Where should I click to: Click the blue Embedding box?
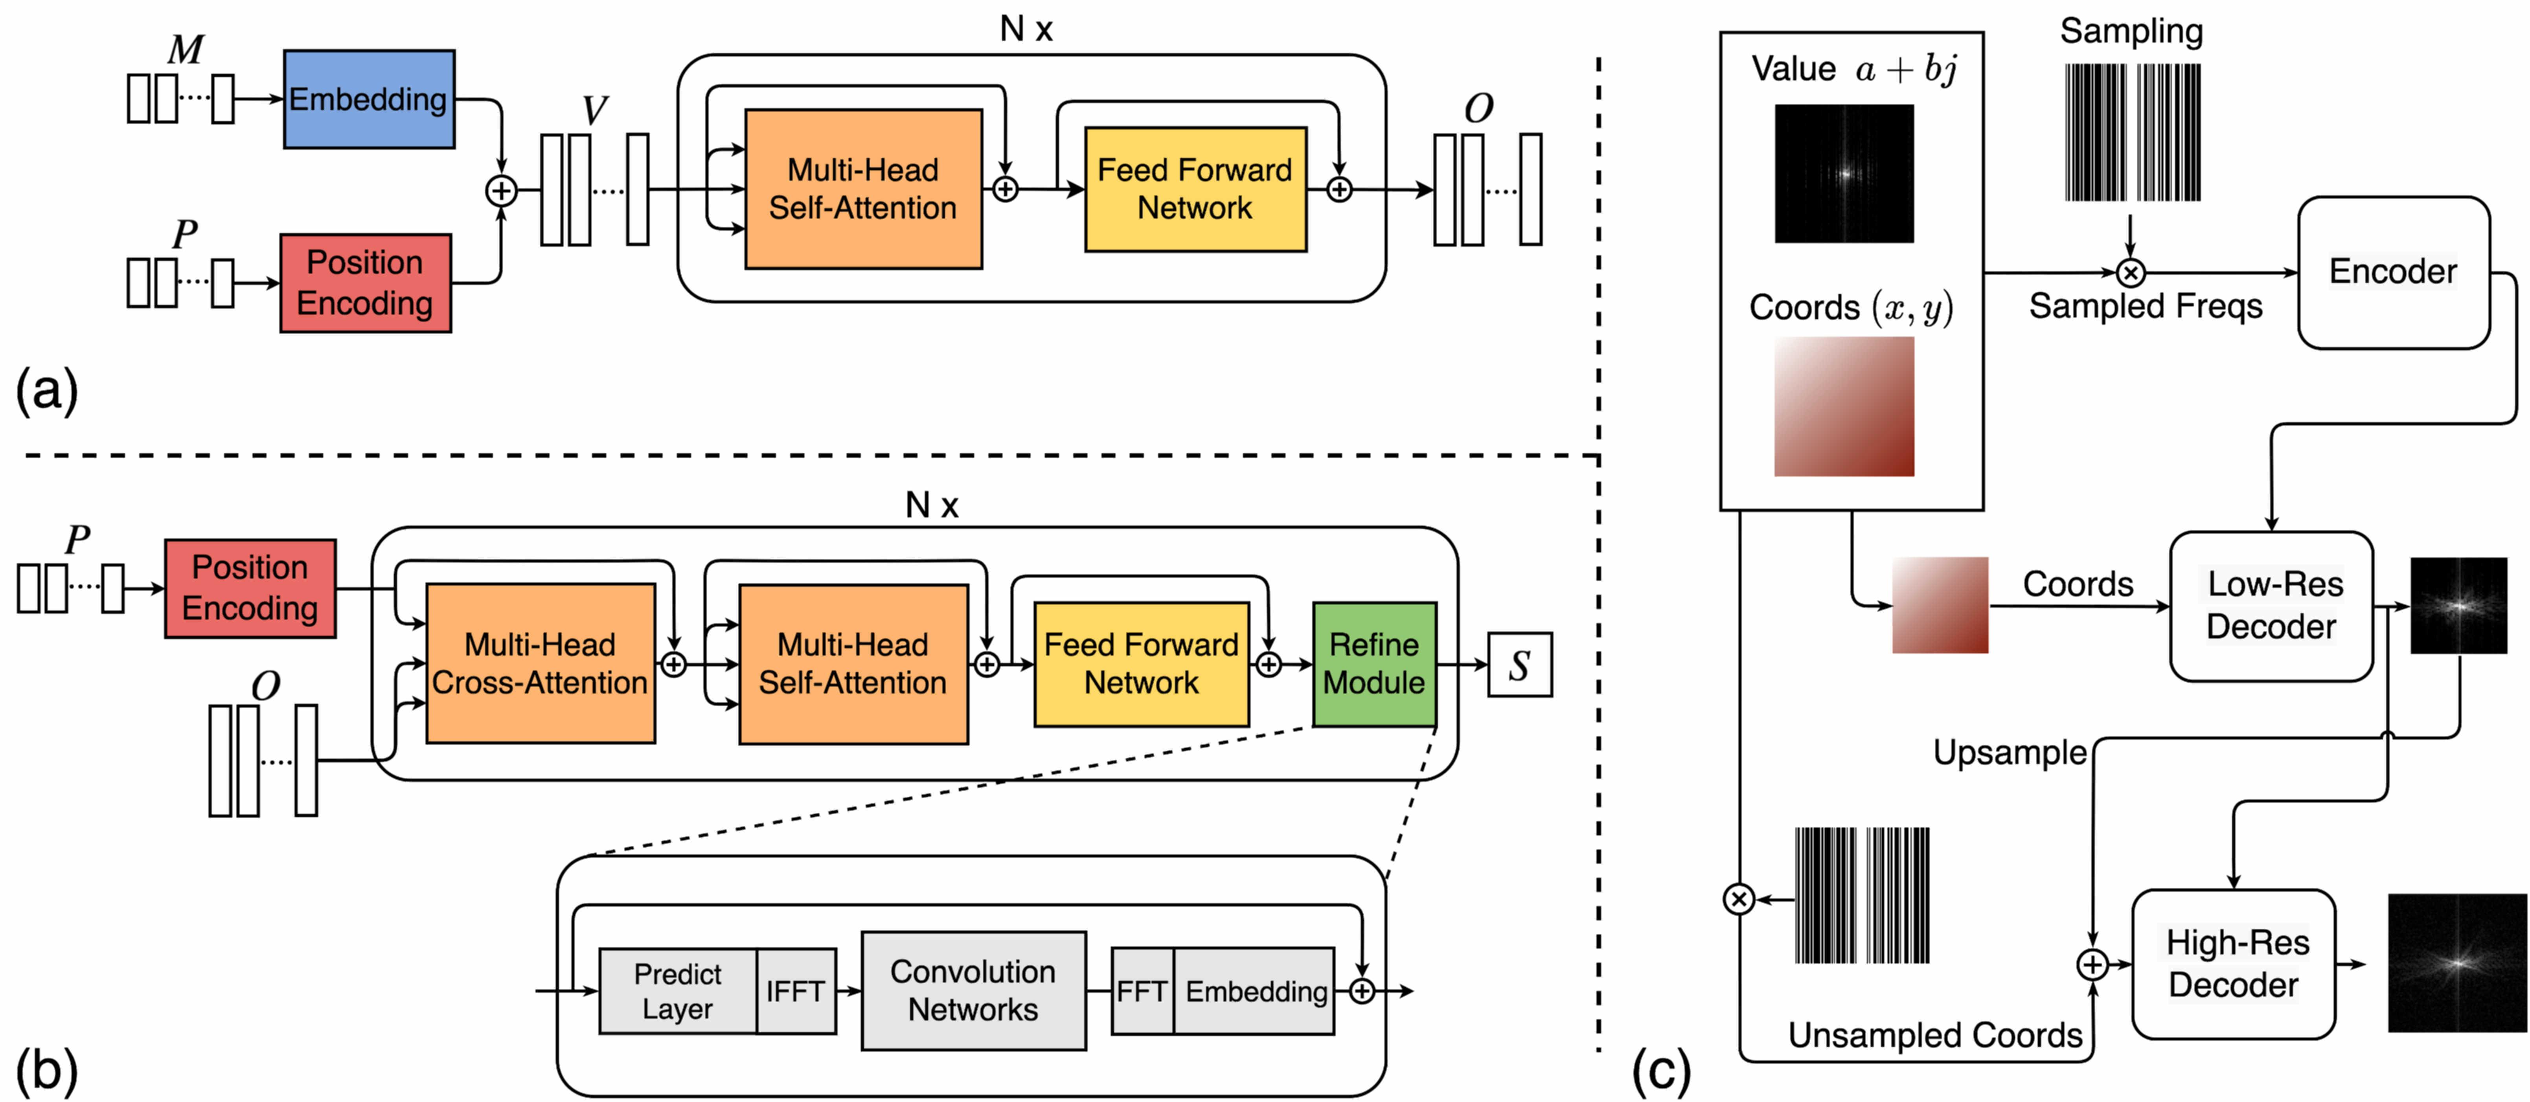369,99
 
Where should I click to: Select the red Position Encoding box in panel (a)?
365,283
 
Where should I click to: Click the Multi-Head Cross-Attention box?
540,663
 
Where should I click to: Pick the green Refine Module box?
1374,664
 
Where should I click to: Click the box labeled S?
1519,665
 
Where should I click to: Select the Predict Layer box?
678,991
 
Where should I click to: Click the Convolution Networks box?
973,991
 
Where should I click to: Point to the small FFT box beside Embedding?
1142,991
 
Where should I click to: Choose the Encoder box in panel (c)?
2394,272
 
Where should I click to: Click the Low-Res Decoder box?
2272,606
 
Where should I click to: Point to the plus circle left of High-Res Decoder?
2093,964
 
